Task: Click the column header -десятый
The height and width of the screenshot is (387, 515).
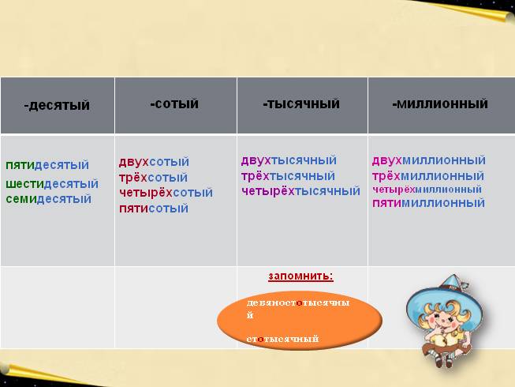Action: tap(57, 105)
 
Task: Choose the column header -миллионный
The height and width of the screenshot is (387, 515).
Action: tap(439, 103)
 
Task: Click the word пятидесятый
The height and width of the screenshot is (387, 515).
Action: tap(47, 165)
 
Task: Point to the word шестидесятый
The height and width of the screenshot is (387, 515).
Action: tap(52, 183)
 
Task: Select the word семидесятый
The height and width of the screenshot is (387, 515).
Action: tap(49, 198)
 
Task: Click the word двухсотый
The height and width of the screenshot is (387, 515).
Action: tap(154, 162)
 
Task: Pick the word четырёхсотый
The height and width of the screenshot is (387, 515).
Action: tap(166, 192)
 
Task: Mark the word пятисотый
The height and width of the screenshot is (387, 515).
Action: tap(153, 209)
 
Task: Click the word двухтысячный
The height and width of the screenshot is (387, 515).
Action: tap(289, 160)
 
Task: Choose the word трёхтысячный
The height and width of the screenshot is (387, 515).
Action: tap(288, 175)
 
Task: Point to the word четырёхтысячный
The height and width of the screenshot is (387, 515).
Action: tap(300, 190)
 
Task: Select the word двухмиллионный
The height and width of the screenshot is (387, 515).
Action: tap(428, 160)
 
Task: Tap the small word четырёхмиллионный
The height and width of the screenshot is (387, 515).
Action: tap(427, 190)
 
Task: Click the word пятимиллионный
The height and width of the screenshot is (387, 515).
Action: tap(428, 203)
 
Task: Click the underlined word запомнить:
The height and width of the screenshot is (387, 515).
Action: tap(300, 276)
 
